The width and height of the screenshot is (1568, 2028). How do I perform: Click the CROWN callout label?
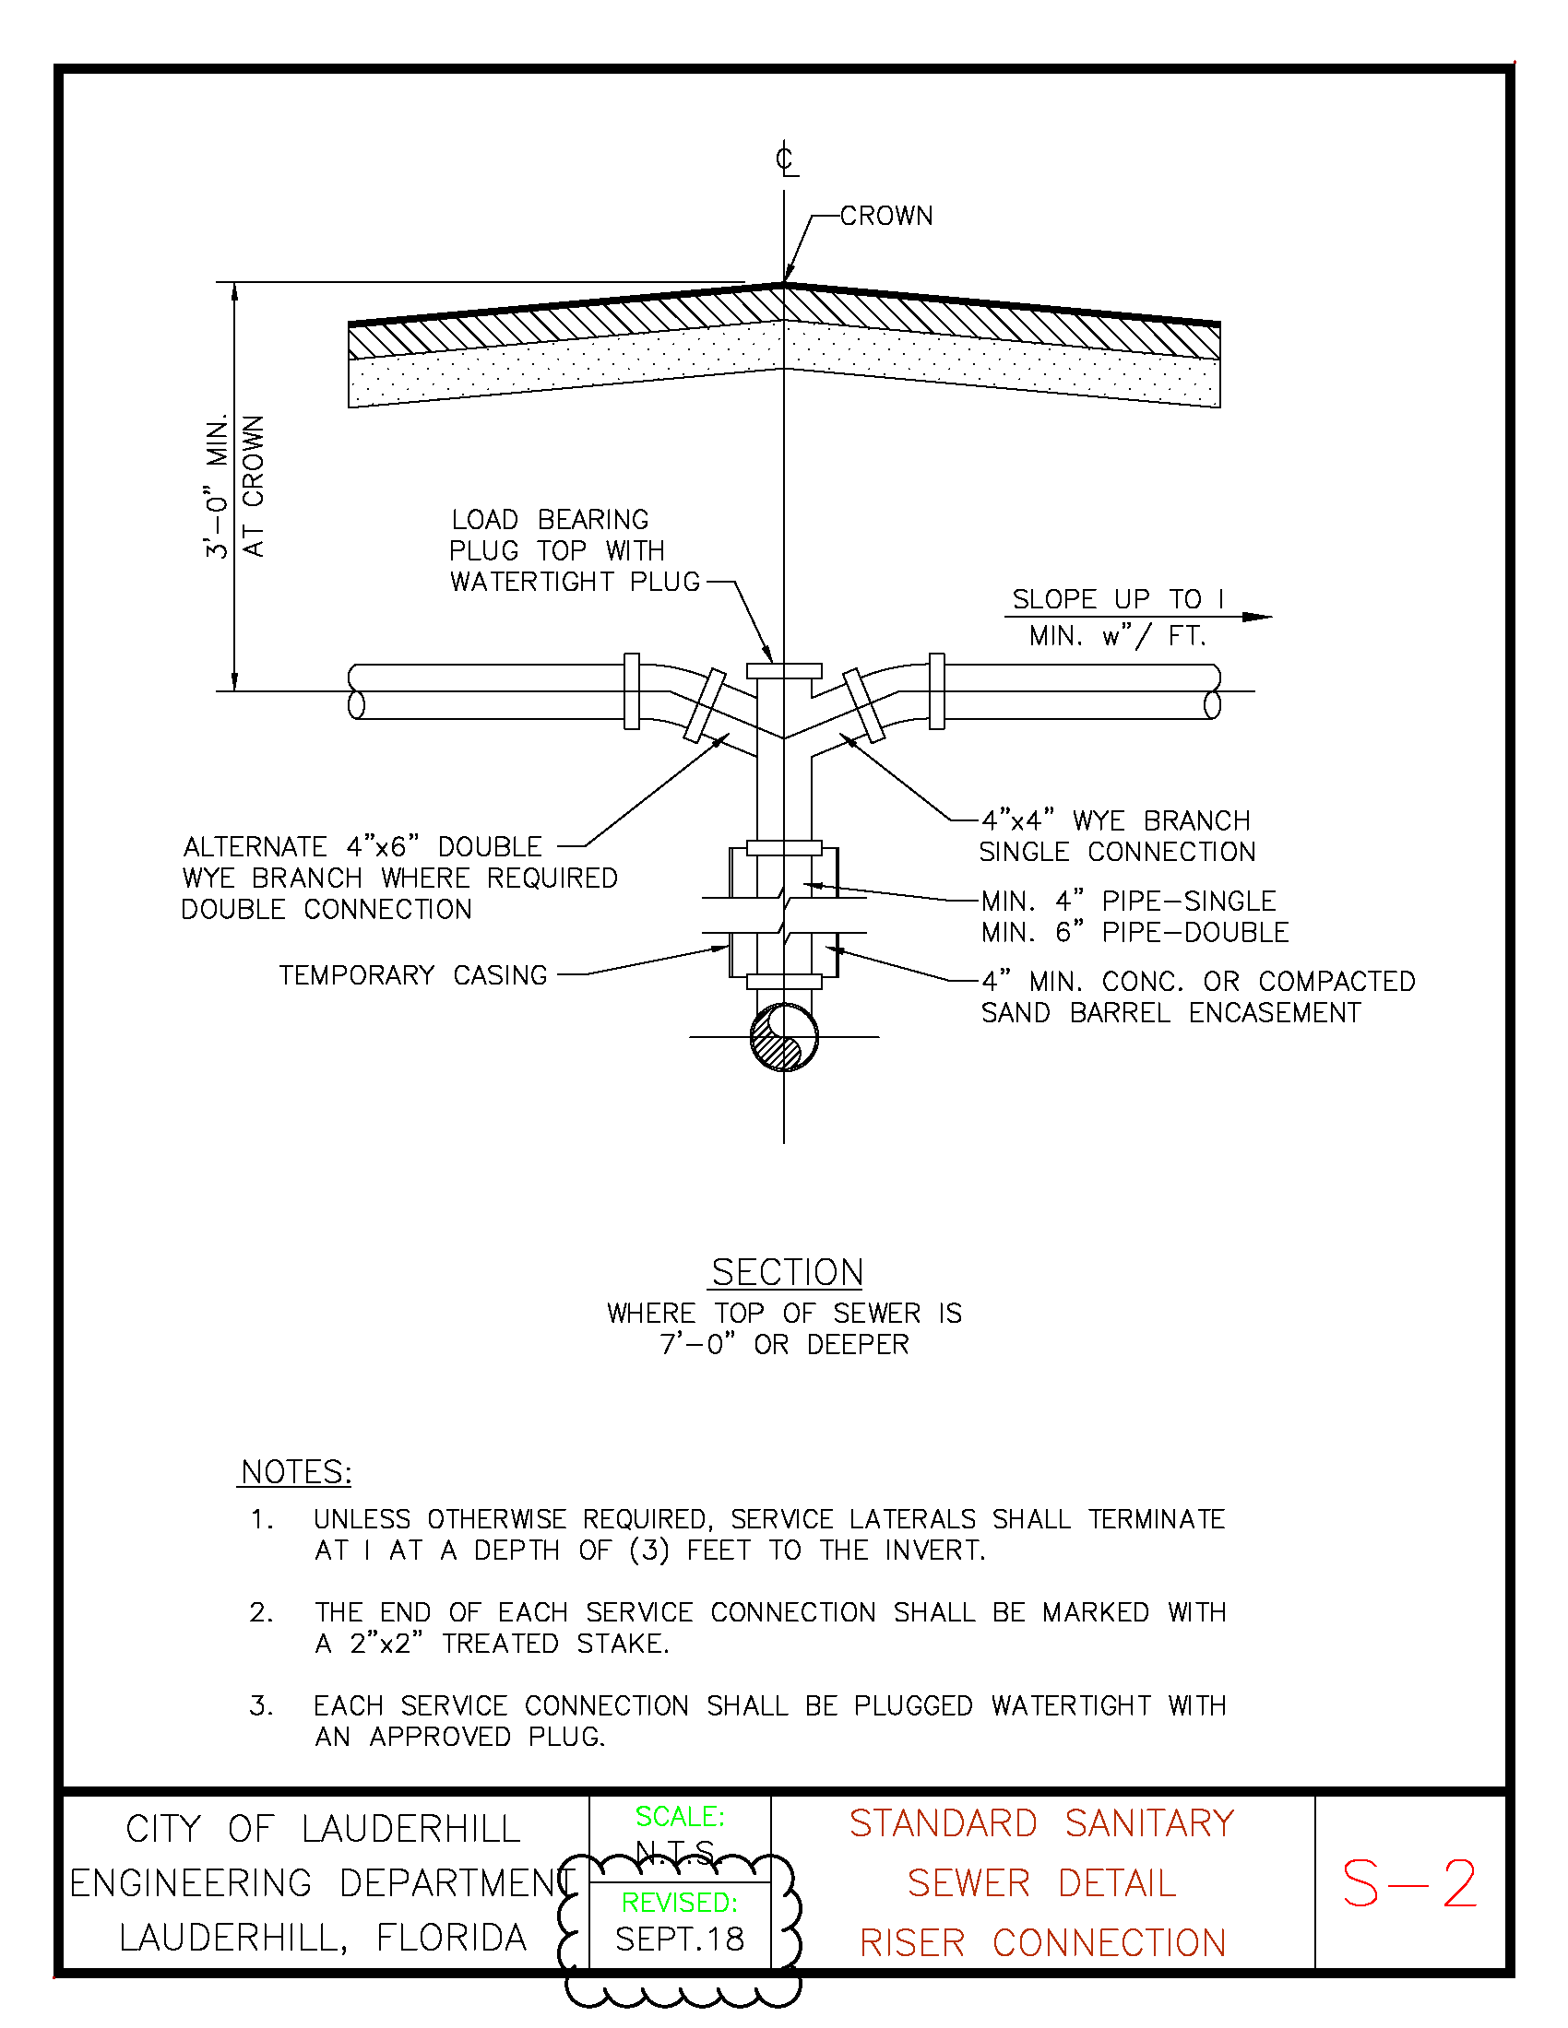coord(885,217)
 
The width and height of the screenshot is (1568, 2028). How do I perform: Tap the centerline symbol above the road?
coord(785,159)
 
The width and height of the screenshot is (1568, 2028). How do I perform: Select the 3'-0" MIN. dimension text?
coord(218,486)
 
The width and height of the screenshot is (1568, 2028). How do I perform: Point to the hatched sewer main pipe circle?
coord(784,1037)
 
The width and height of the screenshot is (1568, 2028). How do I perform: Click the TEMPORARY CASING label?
coord(412,975)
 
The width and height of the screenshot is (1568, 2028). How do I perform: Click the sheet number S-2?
coord(1408,1884)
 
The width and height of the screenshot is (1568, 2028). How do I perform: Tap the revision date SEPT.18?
coord(679,1939)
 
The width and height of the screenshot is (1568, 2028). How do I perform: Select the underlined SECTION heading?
coord(787,1272)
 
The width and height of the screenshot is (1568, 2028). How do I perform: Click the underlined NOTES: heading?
coord(295,1472)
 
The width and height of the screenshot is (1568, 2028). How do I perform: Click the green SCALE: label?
coord(679,1816)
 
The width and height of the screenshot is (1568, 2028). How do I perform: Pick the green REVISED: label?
coord(679,1903)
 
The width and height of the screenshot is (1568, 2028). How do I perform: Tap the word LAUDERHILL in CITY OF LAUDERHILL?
coord(410,1829)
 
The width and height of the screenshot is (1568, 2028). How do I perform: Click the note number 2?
coord(261,1612)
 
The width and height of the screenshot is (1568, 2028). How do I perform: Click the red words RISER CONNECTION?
coord(1042,1942)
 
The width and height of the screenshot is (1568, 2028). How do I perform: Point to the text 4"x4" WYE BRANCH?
coord(1116,820)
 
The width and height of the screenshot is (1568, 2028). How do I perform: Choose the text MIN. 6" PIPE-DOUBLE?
coord(1135,932)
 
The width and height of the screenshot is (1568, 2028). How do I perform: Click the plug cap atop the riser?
coord(784,670)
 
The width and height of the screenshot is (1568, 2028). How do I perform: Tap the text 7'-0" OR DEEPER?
coord(784,1345)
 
